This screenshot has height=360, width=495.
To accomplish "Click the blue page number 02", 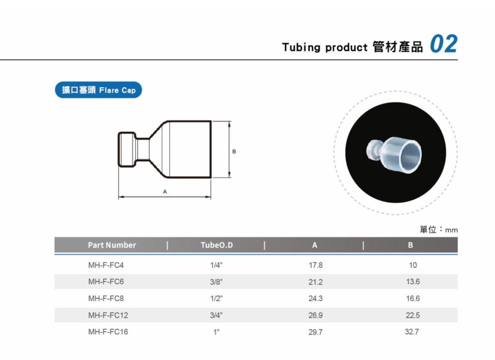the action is (444, 44).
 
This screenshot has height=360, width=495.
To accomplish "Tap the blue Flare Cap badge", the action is (98, 90).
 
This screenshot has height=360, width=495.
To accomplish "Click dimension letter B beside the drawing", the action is (234, 151).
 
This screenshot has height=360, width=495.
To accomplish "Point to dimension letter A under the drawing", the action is (165, 191).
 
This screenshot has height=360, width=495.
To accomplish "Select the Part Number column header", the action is (112, 245).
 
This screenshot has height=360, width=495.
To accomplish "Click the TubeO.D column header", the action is (217, 245).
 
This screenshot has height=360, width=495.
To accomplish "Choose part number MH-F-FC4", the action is (106, 265).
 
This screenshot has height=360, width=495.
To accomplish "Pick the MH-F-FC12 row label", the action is (108, 315).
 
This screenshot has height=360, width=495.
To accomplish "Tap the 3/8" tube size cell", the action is (216, 282).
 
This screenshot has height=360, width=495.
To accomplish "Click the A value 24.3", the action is (315, 299).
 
